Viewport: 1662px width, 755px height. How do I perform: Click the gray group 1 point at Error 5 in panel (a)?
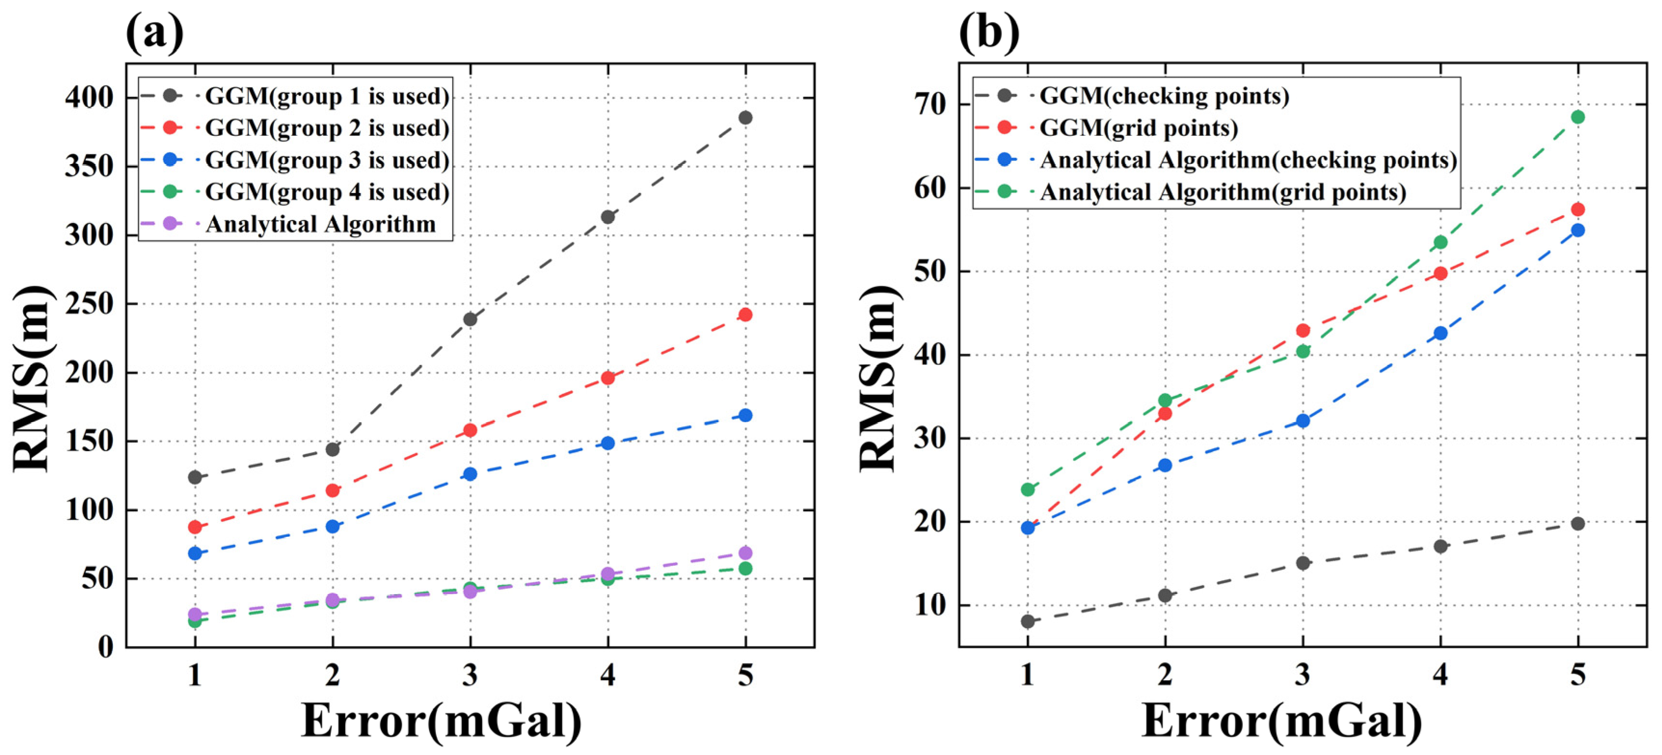(x=745, y=117)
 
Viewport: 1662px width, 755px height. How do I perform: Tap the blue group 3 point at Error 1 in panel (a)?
(x=195, y=553)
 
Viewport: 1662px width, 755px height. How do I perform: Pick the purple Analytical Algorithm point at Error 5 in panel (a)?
(x=745, y=553)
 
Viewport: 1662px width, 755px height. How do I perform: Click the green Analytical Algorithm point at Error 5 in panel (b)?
(x=1578, y=117)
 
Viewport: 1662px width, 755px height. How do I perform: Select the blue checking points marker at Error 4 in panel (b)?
(x=1440, y=333)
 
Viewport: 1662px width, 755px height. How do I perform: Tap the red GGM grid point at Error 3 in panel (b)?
(x=1302, y=330)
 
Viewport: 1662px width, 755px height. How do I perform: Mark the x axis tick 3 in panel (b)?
(x=1302, y=675)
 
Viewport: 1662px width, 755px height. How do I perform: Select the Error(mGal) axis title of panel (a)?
(x=442, y=721)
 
